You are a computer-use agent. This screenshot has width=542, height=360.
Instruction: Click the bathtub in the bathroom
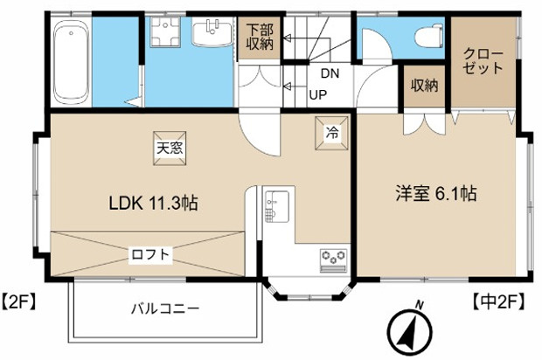[x=71, y=61]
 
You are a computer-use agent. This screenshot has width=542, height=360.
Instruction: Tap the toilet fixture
[x=429, y=37]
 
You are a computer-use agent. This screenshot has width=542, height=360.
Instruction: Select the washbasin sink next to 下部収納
[x=212, y=33]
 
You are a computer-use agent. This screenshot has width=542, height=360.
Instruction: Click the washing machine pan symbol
[x=165, y=32]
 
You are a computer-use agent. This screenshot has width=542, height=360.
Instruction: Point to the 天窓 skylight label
[x=170, y=149]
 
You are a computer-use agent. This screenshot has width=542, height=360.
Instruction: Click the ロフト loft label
[x=150, y=254]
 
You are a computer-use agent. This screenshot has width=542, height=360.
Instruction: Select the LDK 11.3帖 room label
[x=154, y=203]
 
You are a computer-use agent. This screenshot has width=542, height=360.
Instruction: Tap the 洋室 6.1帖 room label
[x=436, y=193]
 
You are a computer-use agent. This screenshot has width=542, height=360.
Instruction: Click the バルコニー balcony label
[x=165, y=308]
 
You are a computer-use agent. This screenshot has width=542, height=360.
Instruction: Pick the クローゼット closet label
[x=483, y=61]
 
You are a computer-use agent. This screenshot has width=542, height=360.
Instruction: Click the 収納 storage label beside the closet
[x=425, y=85]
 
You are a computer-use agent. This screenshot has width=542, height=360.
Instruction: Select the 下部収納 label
[x=260, y=37]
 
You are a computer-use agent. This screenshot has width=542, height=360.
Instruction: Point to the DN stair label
[x=330, y=73]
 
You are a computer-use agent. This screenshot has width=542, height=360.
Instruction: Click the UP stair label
[x=318, y=94]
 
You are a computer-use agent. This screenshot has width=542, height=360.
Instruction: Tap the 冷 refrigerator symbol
[x=332, y=133]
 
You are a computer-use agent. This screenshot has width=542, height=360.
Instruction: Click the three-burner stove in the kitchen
[x=334, y=260]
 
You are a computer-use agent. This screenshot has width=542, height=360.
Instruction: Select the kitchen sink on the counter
[x=277, y=206]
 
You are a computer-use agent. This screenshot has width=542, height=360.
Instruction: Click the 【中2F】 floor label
[x=498, y=301]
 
